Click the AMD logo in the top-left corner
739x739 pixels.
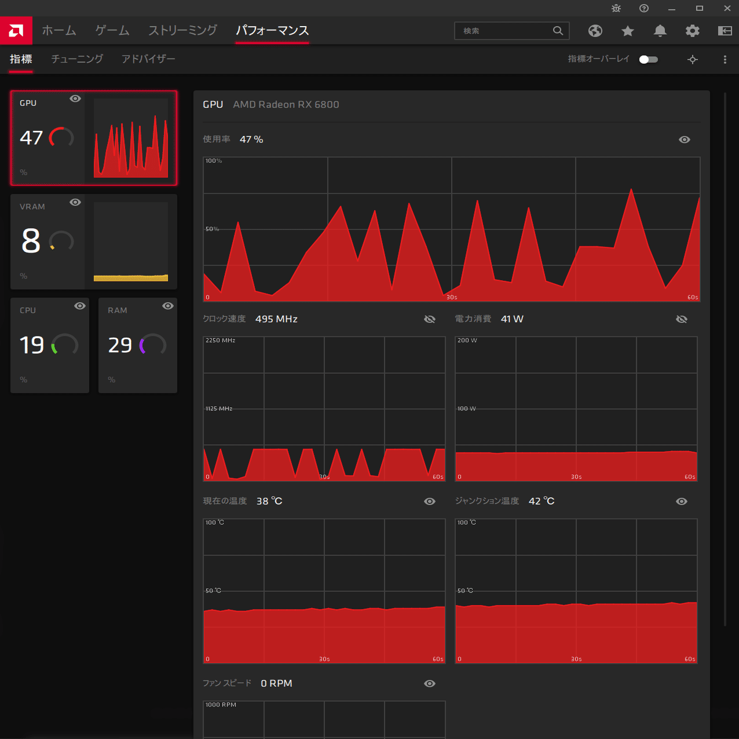[x=16, y=31]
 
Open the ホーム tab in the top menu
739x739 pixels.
[x=59, y=31]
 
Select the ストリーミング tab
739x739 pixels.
[x=182, y=31]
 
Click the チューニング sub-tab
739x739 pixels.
[x=77, y=59]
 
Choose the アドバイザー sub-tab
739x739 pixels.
[x=148, y=59]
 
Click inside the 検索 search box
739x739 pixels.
[x=504, y=31]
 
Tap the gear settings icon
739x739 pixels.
[x=692, y=31]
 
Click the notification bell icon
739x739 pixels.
[x=660, y=31]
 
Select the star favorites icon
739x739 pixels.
[x=627, y=31]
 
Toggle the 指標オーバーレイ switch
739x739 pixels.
[x=648, y=60]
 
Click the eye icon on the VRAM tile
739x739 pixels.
[x=75, y=202]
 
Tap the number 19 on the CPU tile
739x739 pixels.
[x=32, y=345]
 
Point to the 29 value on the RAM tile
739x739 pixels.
[x=120, y=345]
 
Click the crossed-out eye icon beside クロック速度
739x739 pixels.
[x=430, y=319]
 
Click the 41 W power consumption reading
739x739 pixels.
[x=512, y=319]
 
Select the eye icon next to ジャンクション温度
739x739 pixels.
[x=682, y=502]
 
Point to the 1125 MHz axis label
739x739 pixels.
[x=219, y=409]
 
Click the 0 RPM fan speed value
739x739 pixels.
[x=276, y=683]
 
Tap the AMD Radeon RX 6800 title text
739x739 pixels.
[x=286, y=105]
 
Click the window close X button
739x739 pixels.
[x=727, y=9]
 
